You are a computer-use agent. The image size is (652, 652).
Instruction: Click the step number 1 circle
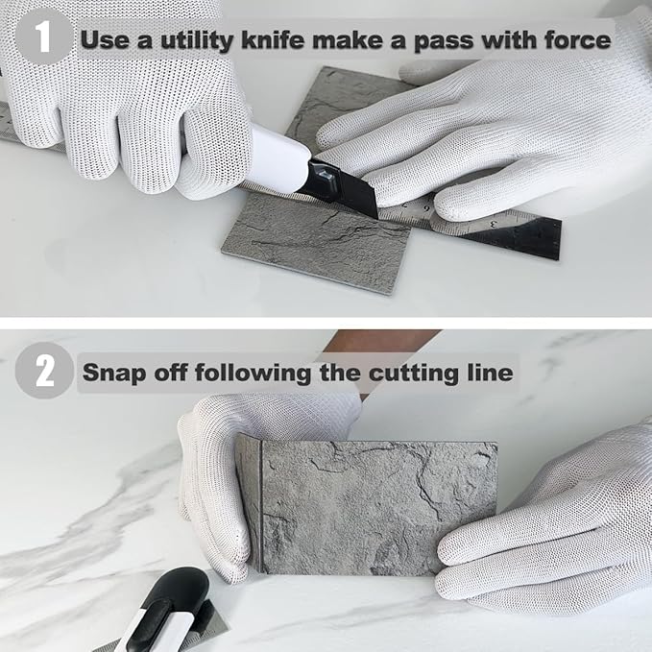[x=43, y=36]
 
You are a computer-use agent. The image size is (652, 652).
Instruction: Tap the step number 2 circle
[x=44, y=371]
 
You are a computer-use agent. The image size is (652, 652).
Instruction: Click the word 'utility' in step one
[x=197, y=40]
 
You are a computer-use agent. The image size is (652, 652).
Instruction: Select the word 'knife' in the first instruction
[x=273, y=39]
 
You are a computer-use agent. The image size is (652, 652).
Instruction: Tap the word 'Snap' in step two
[x=115, y=373]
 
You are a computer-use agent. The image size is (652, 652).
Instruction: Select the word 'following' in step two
[x=254, y=373]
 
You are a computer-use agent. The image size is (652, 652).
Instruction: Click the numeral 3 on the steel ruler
[x=494, y=224]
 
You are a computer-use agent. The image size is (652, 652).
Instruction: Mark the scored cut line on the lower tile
[x=261, y=506]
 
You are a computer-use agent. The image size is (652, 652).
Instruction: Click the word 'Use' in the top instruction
[x=105, y=39]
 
